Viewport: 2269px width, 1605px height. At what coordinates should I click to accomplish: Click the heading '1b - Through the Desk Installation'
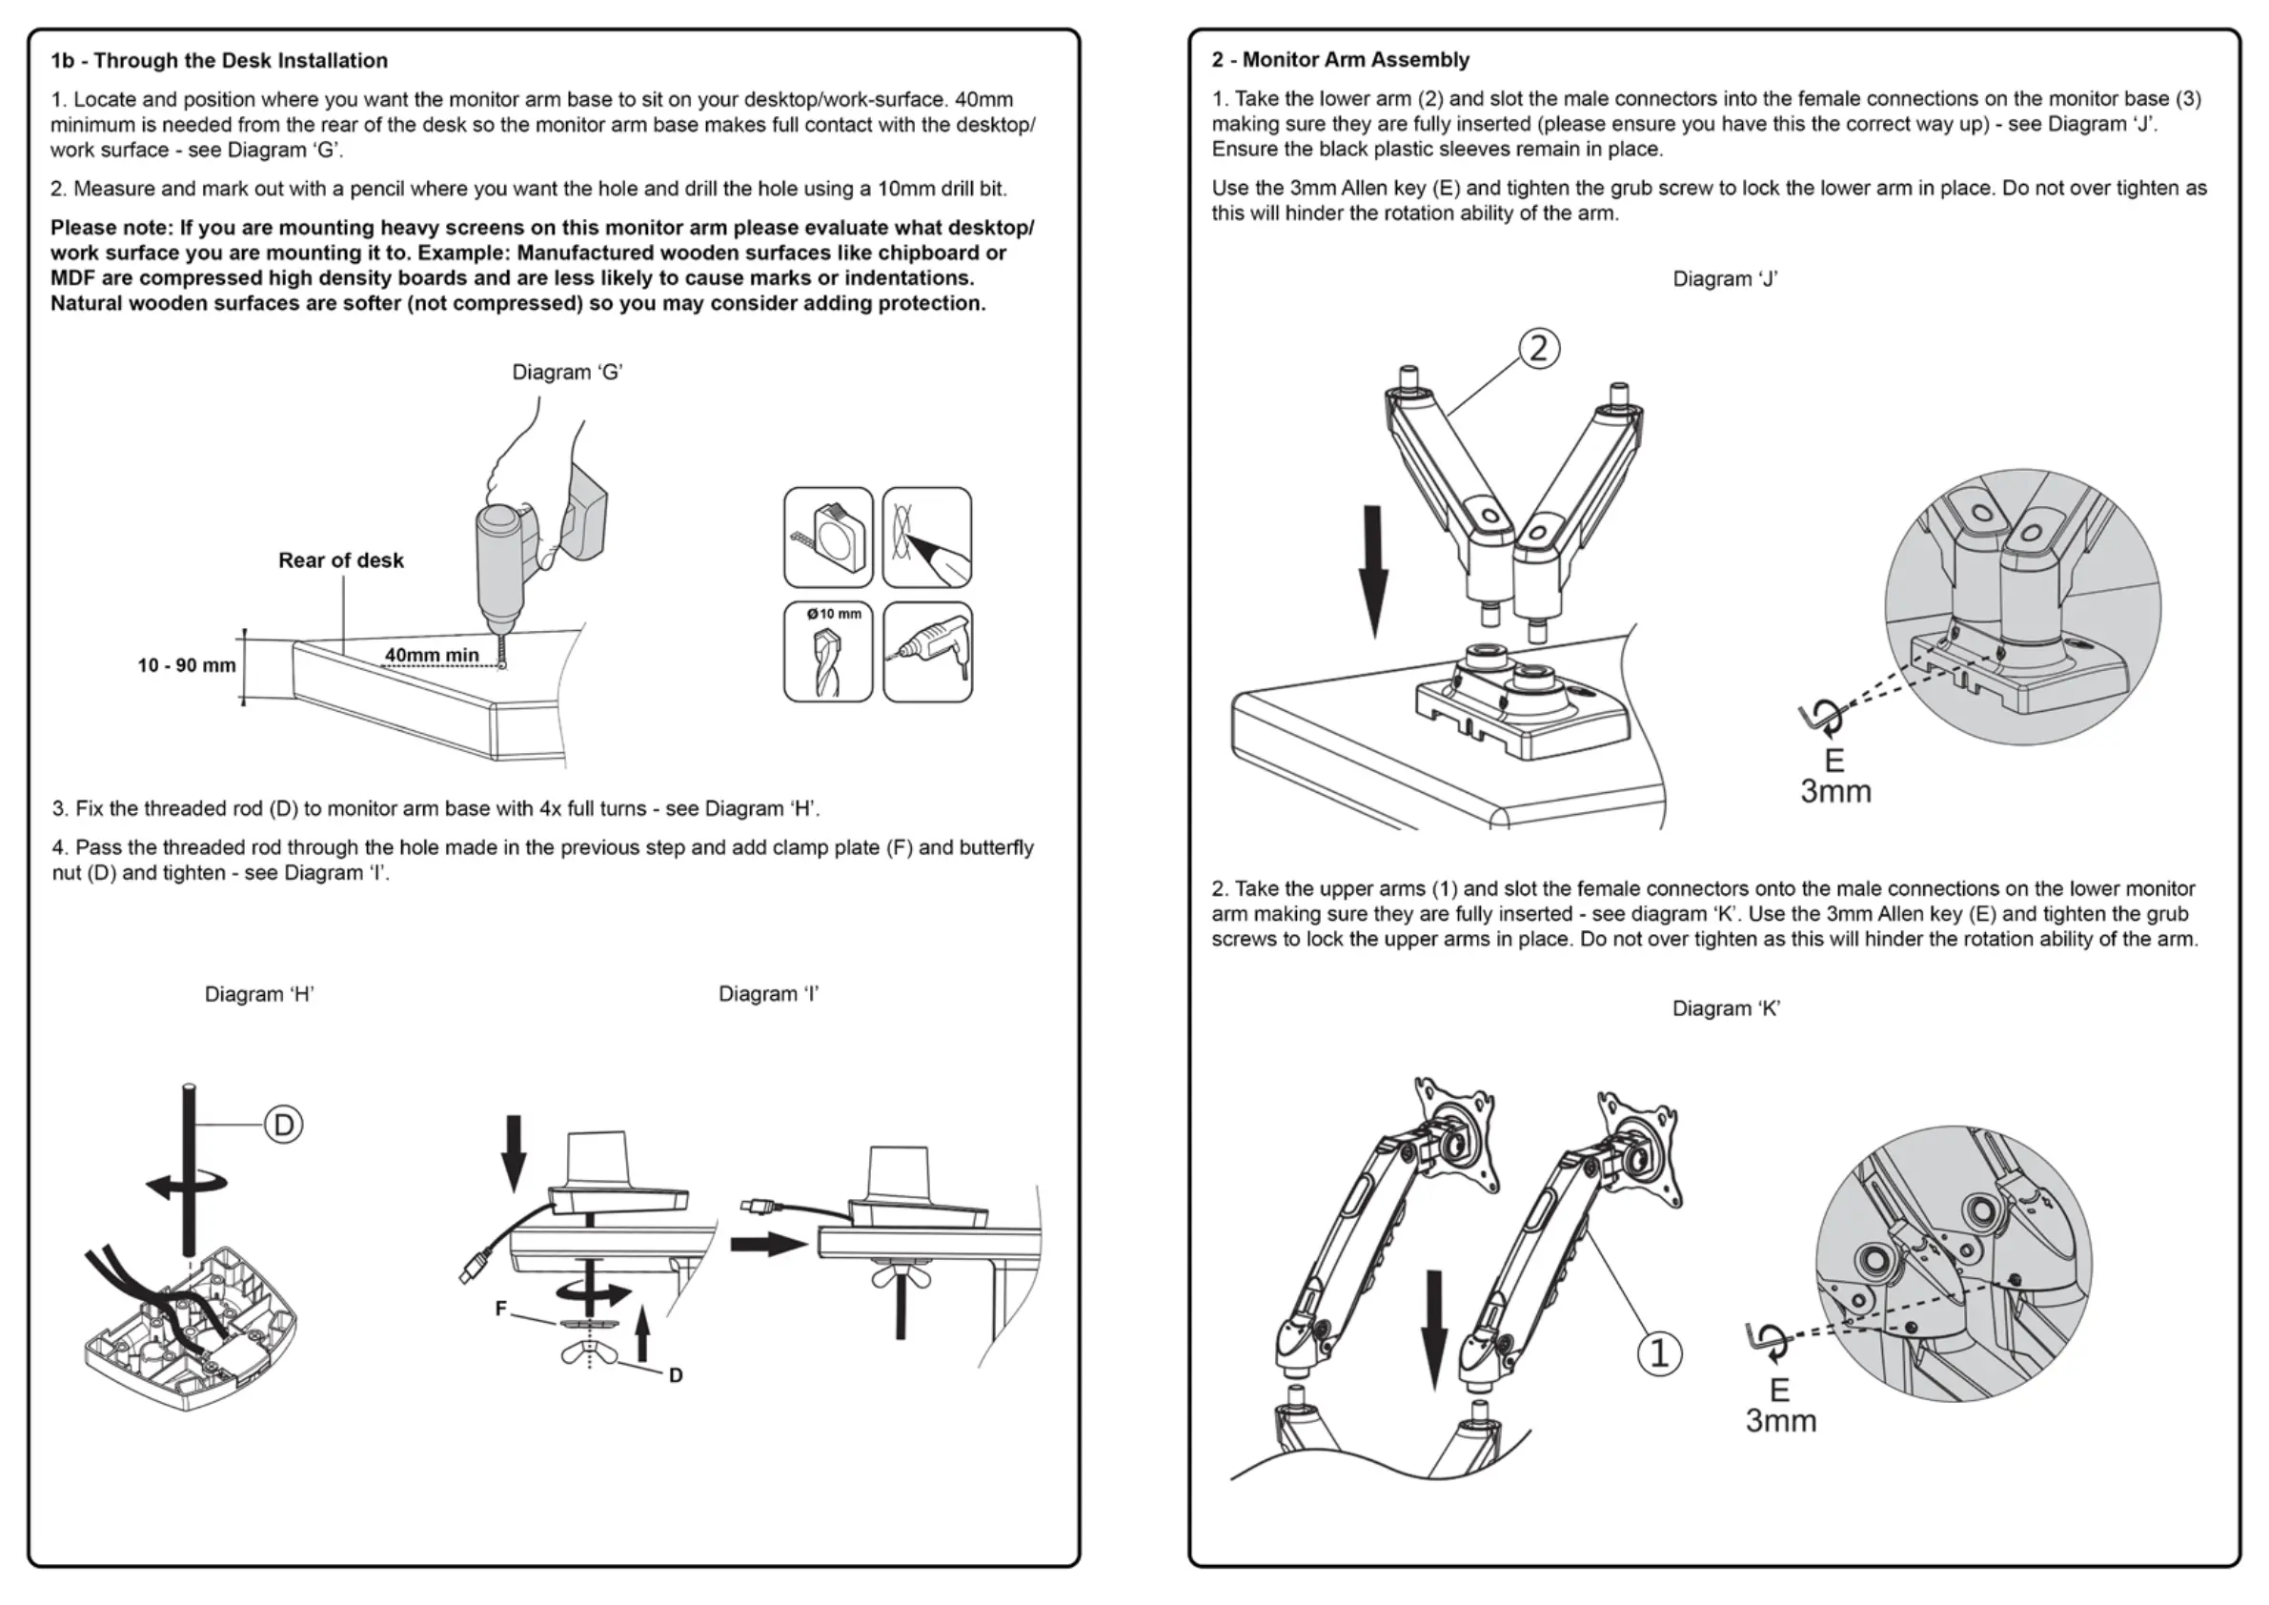218,60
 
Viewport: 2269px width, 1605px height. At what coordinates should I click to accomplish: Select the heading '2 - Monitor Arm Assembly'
1340,59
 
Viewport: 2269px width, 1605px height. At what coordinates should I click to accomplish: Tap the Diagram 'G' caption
566,372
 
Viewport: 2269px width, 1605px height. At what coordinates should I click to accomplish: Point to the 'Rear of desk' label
341,560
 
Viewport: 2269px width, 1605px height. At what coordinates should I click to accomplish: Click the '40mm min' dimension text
432,654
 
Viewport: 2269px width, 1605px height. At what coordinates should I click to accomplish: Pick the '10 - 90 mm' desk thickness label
187,665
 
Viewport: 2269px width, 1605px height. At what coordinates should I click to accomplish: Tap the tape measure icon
828,538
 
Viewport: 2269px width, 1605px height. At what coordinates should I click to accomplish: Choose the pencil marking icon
927,538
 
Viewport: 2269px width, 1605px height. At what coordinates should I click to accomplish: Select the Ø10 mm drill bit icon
828,651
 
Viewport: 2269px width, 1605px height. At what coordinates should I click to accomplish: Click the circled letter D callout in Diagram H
284,1125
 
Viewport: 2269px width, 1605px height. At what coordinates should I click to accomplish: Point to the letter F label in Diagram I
501,1309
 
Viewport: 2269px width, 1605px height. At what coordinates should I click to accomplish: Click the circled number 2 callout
1539,349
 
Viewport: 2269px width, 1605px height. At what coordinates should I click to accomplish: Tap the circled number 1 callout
1659,1353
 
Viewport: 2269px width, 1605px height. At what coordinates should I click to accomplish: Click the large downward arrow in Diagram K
1434,1329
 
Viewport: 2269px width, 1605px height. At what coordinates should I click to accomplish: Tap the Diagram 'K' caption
1726,1008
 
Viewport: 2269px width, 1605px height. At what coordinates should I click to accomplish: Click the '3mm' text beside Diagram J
1835,792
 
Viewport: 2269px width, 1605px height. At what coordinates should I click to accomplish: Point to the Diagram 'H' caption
259,994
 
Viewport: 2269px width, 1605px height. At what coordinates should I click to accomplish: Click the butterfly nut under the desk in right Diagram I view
901,1276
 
